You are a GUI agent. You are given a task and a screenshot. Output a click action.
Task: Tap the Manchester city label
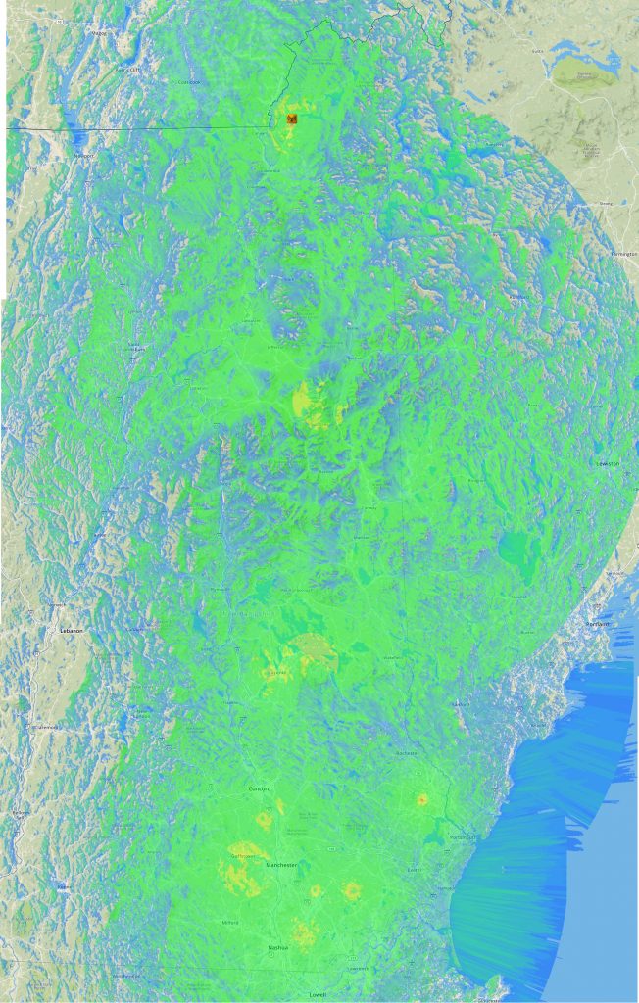tap(280, 865)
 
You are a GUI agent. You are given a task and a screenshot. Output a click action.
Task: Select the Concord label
tap(259, 788)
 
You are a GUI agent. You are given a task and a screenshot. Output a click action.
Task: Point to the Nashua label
tap(278, 948)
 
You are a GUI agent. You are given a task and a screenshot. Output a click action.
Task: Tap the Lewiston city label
tap(608, 463)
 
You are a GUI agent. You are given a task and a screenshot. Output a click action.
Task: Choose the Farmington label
tap(623, 254)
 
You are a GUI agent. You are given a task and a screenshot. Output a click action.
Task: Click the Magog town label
tap(98, 33)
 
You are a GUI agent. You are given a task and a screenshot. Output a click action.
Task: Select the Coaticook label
tap(188, 82)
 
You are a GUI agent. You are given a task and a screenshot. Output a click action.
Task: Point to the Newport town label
tap(83, 155)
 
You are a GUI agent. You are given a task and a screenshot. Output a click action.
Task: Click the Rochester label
tap(408, 753)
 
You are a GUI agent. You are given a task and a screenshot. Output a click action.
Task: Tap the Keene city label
tap(20, 812)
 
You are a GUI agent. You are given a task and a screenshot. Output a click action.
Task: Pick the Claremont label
tap(44, 727)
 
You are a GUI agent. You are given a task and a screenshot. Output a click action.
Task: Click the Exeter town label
tap(415, 869)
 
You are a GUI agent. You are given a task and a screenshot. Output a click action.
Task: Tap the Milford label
tap(230, 922)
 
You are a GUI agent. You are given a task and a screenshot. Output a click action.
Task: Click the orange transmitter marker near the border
tap(291, 119)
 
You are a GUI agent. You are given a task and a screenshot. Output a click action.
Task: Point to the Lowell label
tap(318, 993)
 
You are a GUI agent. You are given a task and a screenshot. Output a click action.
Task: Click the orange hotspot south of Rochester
tap(422, 799)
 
